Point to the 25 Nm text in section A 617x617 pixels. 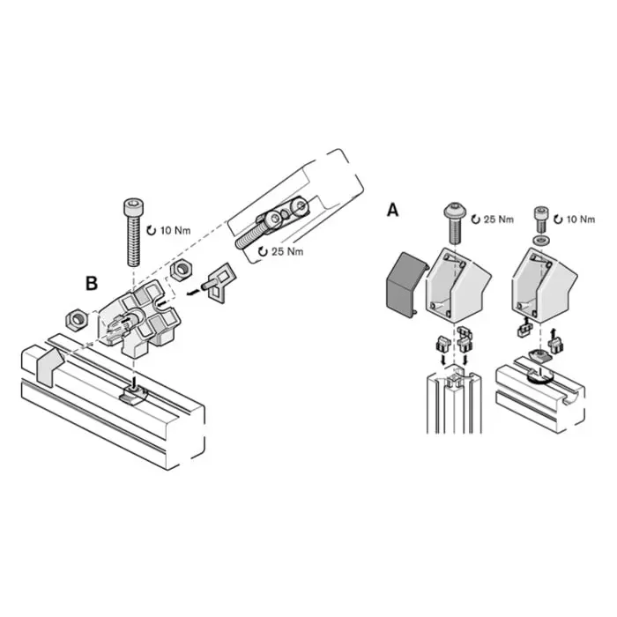498,219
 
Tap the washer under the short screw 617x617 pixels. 539,240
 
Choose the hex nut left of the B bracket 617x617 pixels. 75,320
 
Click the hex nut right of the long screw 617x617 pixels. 181,270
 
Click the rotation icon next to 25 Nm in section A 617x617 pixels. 476,219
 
